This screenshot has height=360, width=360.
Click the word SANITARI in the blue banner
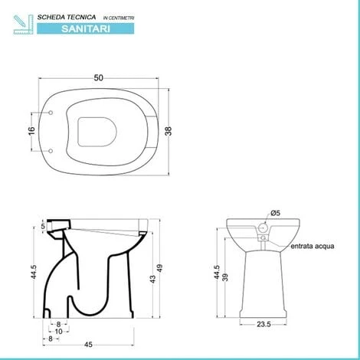pyautogui.click(x=86, y=28)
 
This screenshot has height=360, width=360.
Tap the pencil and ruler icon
pyautogui.click(x=23, y=25)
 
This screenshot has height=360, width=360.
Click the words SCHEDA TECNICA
pyautogui.click(x=67, y=18)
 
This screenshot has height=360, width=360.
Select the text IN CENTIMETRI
pyautogui.click(x=119, y=18)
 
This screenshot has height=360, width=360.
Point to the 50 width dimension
pyautogui.click(x=99, y=78)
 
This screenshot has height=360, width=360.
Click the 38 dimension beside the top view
pyautogui.click(x=169, y=131)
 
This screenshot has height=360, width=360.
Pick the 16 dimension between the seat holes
pyautogui.click(x=31, y=131)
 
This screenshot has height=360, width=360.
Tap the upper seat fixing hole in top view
pyautogui.click(x=51, y=113)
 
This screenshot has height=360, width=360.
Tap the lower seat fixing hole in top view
pyautogui.click(x=51, y=151)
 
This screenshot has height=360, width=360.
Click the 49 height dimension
pyautogui.click(x=159, y=268)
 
